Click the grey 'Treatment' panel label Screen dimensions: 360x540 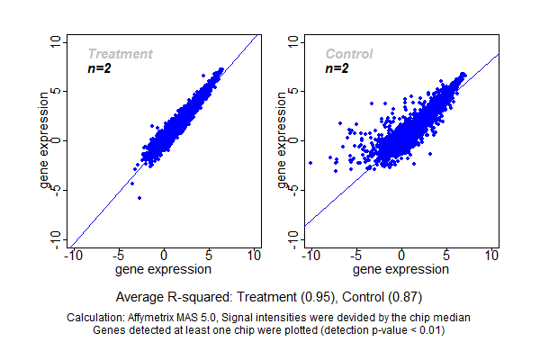[x=120, y=54]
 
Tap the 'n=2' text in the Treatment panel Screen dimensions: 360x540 [x=99, y=68]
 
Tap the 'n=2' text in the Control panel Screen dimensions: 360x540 [x=337, y=68]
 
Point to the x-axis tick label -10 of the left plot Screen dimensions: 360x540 [x=72, y=256]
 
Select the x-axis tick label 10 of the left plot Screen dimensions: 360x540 [x=255, y=256]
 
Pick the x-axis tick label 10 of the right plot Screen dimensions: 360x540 [x=492, y=256]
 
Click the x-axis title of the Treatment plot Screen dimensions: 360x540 [x=165, y=269]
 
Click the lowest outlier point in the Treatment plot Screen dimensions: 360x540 [x=139, y=198]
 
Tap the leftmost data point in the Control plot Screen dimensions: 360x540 [x=310, y=163]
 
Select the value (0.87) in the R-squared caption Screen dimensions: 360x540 [x=408, y=296]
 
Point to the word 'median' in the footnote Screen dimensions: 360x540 [x=453, y=318]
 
